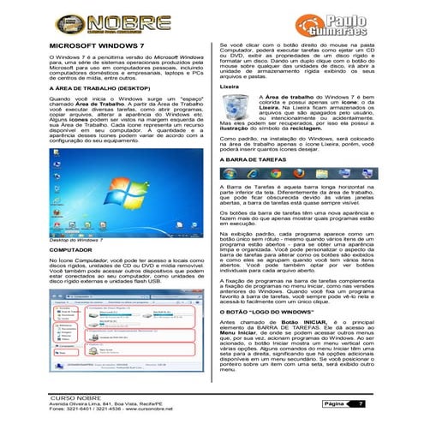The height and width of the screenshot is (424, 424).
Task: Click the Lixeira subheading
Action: [229, 87]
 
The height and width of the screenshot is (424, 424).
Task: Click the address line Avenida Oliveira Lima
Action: [101, 407]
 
